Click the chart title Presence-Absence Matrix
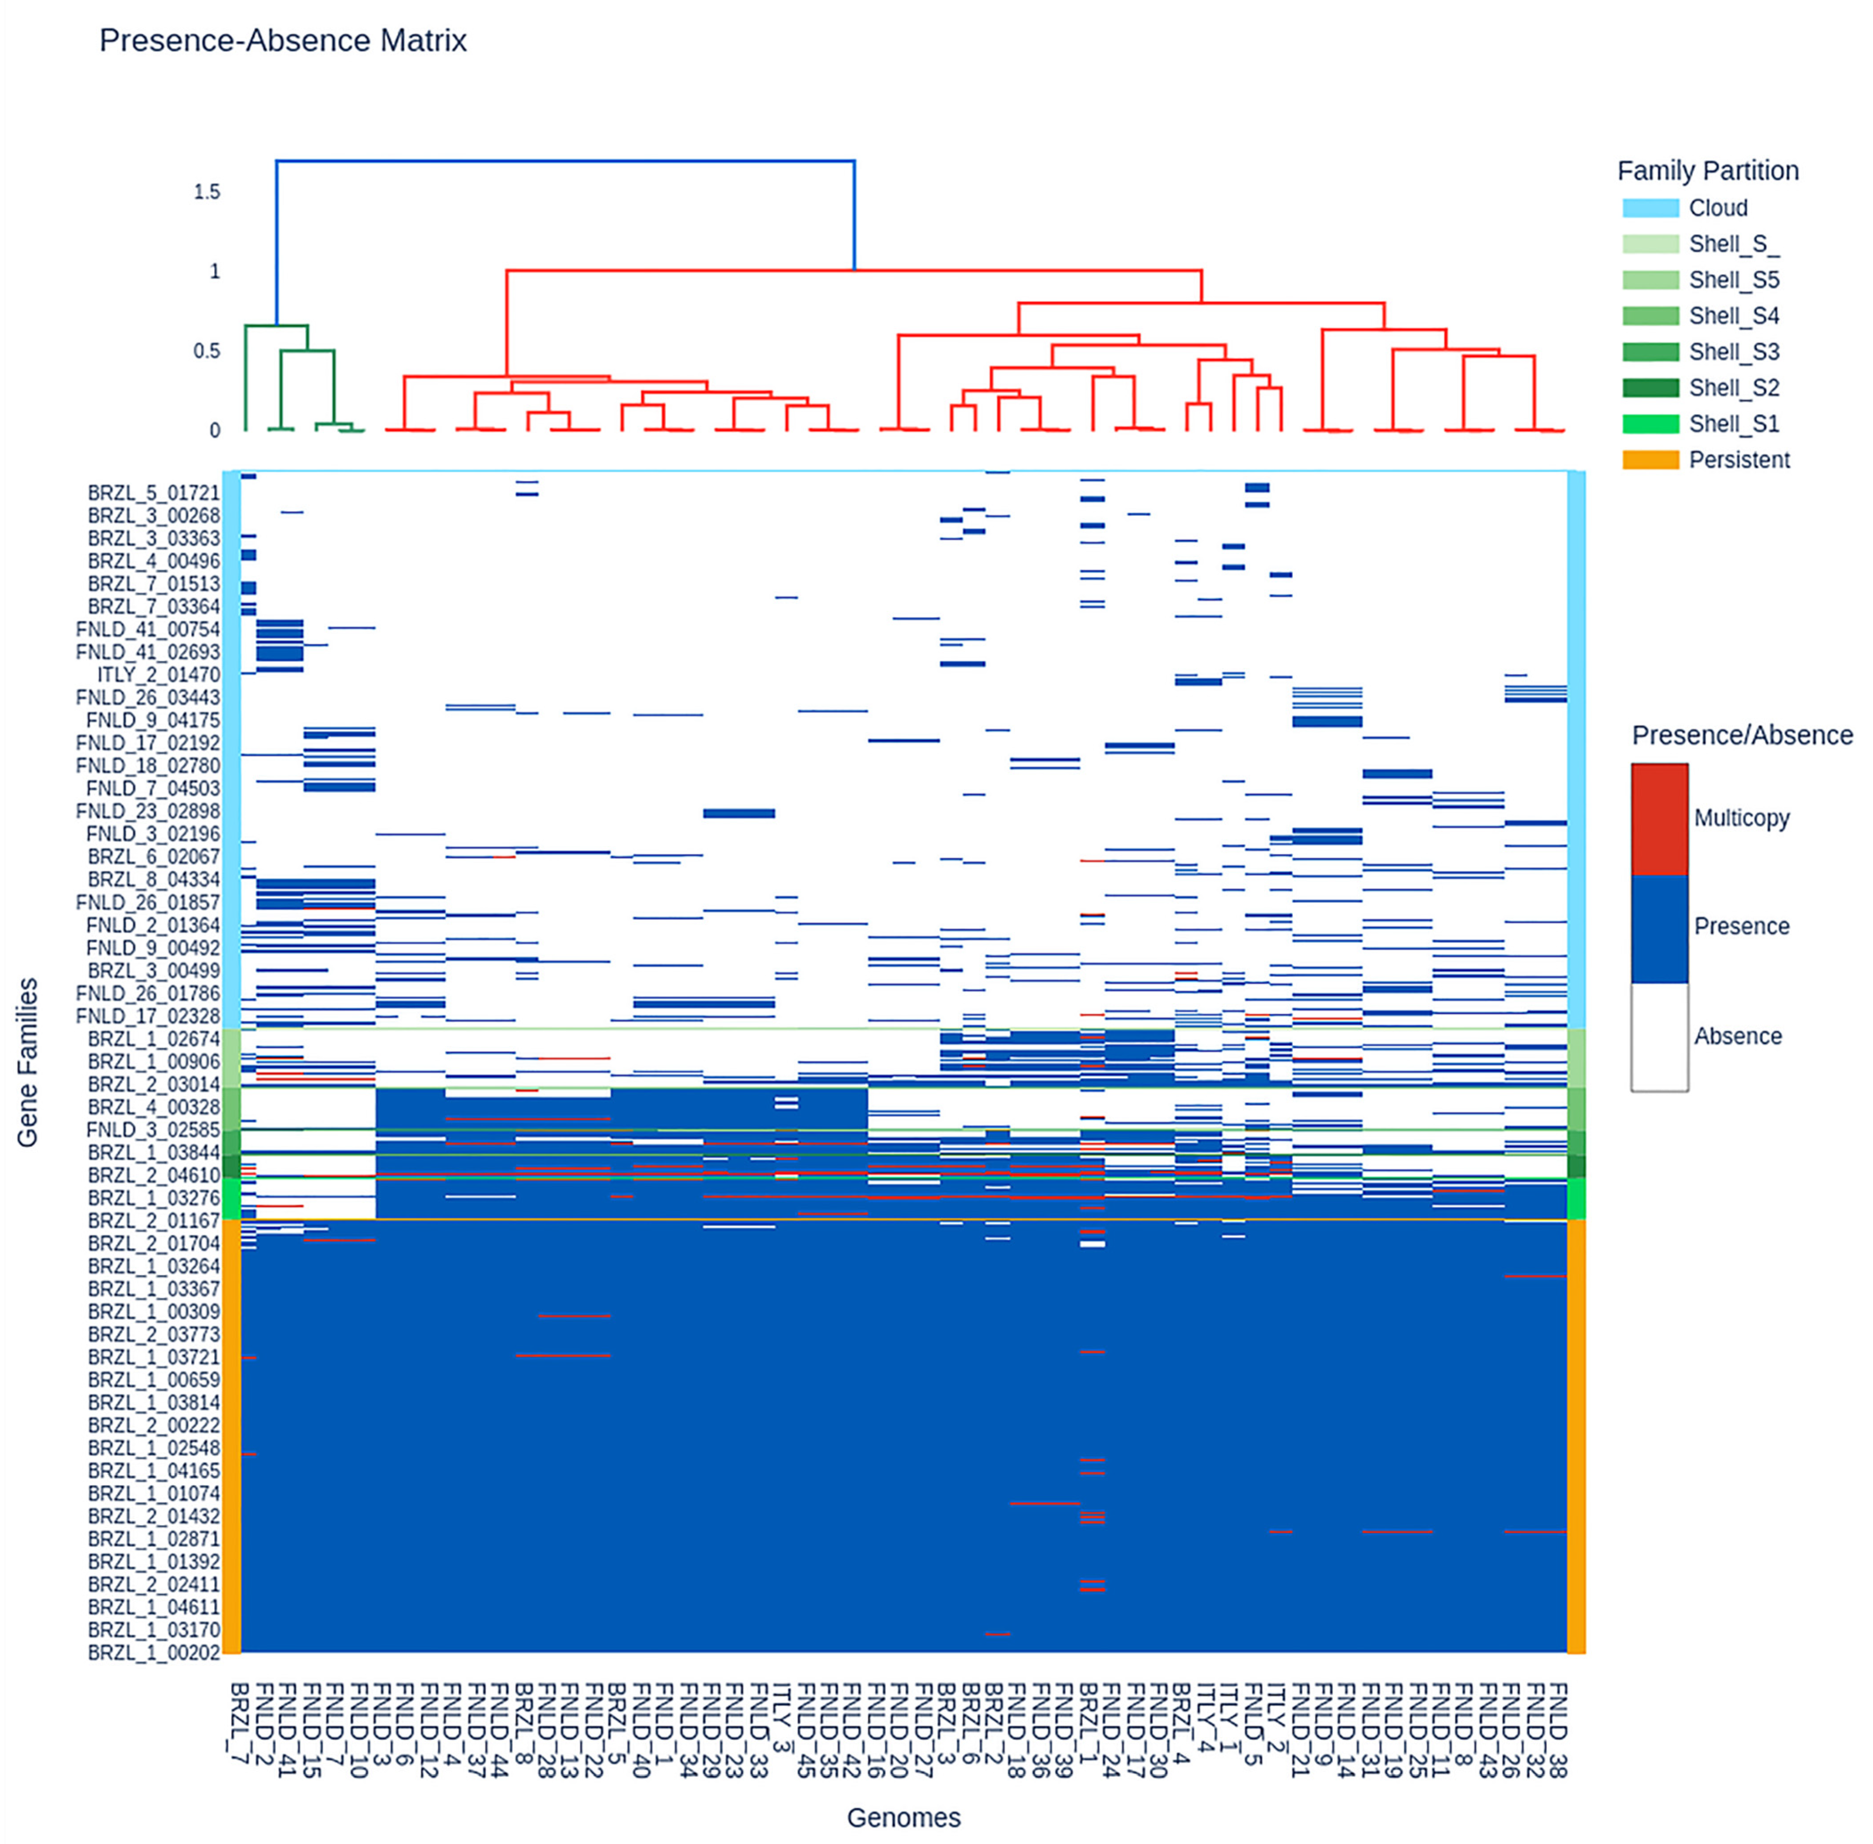click(283, 41)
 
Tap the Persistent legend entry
click(1739, 460)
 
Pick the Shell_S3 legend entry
click(1734, 353)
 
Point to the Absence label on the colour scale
click(1737, 1036)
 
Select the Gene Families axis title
click(27, 1062)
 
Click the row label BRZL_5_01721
click(154, 493)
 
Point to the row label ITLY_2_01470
click(159, 675)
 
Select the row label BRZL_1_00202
click(154, 1653)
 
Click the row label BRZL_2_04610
click(154, 1176)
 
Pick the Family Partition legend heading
click(1707, 171)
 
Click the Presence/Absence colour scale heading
click(1741, 736)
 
